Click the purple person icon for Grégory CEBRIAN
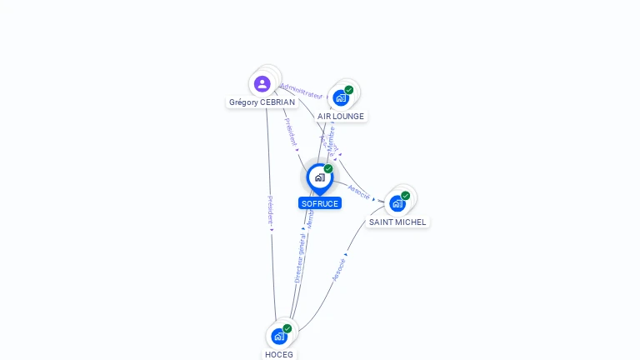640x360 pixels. point(262,83)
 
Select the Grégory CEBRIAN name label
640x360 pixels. point(262,102)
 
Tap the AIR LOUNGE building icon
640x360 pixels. point(340,98)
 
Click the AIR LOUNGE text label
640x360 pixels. point(341,117)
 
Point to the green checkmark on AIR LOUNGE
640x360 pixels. point(349,90)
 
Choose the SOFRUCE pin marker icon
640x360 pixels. point(319,177)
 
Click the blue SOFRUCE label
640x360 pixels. point(320,203)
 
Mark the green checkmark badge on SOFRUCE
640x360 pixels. point(328,169)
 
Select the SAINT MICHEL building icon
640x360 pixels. point(397,203)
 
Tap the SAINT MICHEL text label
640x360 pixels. point(397,222)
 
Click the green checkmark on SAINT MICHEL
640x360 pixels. point(406,196)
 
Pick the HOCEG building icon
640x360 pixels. point(278,337)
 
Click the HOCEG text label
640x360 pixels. point(279,354)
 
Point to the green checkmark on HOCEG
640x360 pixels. point(287,328)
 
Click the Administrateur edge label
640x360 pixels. point(301,90)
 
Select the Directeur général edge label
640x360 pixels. point(300,257)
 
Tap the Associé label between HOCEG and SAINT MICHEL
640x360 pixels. point(338,269)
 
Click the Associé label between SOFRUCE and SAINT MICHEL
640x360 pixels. point(359,192)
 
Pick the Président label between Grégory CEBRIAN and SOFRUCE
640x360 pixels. point(291,132)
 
